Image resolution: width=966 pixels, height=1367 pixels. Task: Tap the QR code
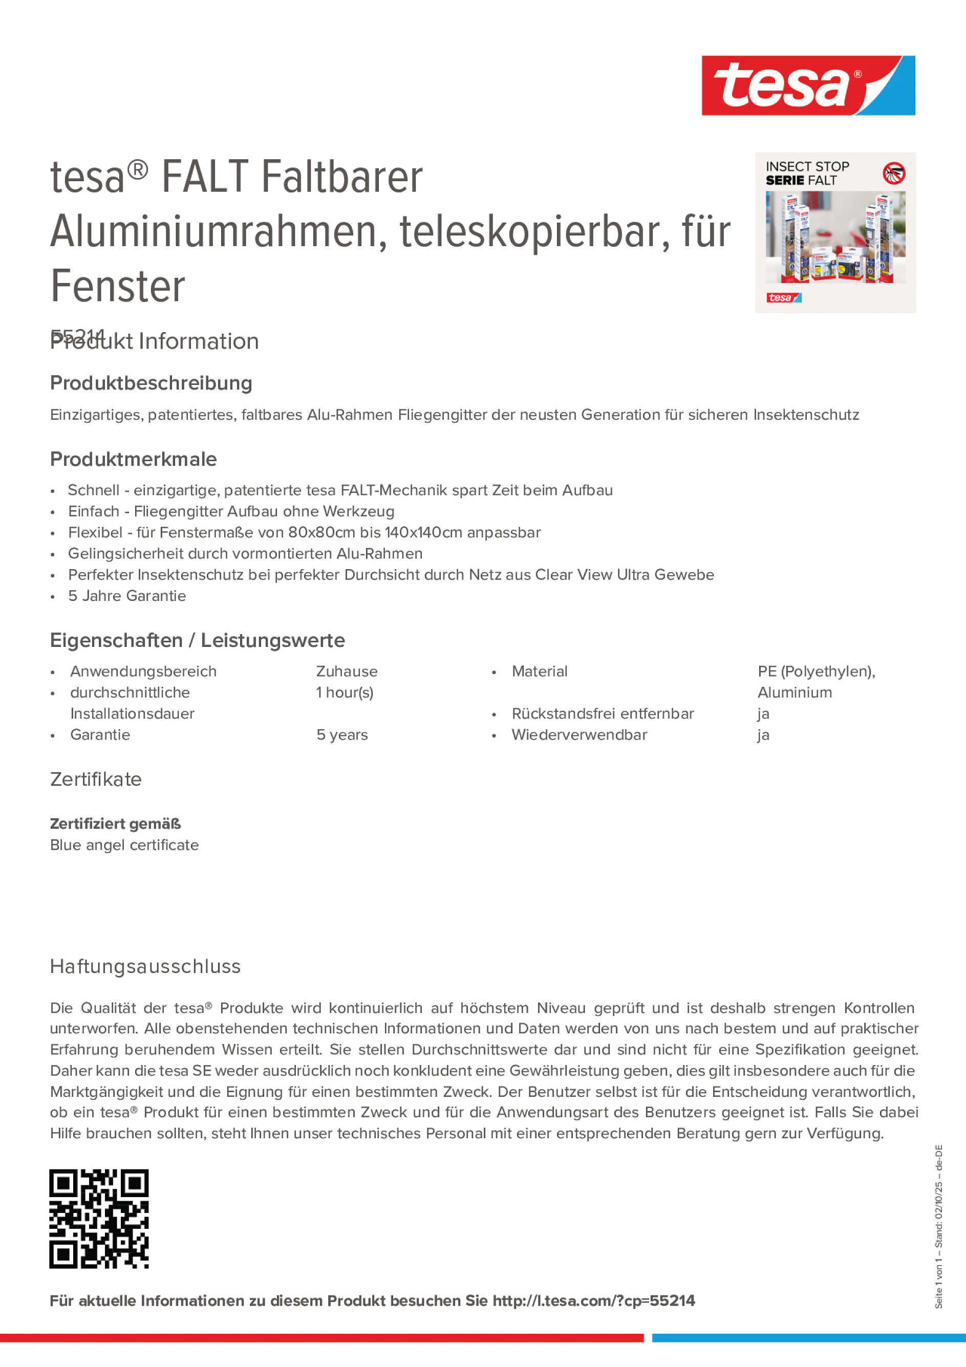(x=99, y=1218)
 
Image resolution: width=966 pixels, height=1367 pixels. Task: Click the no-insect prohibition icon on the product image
(x=893, y=173)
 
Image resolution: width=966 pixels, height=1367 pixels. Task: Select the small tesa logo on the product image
(x=783, y=298)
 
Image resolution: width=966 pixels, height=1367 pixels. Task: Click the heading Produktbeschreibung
(x=151, y=383)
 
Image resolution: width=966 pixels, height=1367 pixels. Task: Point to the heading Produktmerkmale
(x=134, y=459)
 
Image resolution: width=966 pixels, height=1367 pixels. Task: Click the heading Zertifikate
(x=96, y=779)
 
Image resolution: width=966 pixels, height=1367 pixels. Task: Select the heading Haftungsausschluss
(x=145, y=966)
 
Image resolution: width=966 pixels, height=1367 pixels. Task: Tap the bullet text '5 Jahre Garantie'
(x=127, y=596)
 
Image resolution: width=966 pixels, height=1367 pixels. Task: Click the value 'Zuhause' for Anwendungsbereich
(x=347, y=671)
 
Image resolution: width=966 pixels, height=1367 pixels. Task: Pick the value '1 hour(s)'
(x=344, y=692)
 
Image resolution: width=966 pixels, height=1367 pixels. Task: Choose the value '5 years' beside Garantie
(x=342, y=735)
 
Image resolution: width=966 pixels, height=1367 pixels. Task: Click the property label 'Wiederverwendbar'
(x=579, y=735)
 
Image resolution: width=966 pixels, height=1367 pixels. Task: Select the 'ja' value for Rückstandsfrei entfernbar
(x=763, y=714)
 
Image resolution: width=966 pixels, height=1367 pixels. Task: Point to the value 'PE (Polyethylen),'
(x=816, y=671)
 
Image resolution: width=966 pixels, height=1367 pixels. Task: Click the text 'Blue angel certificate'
(x=124, y=845)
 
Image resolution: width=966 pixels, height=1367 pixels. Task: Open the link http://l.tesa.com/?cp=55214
(x=593, y=1300)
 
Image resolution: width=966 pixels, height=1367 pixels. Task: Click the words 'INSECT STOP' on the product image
(x=807, y=167)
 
